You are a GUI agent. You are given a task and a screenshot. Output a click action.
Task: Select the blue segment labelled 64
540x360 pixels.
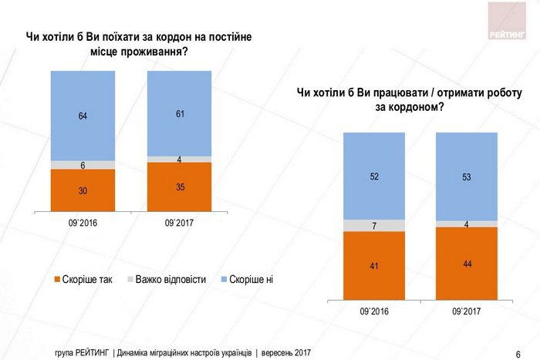[x=83, y=116]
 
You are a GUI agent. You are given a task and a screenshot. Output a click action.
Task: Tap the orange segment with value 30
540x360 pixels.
[x=83, y=190]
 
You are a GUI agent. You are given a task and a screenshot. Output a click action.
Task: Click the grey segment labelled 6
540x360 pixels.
[x=83, y=165]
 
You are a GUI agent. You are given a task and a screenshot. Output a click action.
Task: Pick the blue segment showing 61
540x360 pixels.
[x=179, y=113]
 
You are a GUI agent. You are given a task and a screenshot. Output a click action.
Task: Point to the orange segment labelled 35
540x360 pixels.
[x=179, y=186]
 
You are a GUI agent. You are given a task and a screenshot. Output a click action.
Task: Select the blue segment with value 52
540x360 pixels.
[x=375, y=176]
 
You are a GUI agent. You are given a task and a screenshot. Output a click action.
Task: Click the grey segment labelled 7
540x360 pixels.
[x=375, y=225]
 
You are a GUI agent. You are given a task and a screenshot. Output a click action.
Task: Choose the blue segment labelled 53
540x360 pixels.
[x=466, y=177]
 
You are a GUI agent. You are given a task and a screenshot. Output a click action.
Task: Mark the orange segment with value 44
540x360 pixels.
[x=466, y=264]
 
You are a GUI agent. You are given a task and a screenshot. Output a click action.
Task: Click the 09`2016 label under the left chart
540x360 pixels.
[x=83, y=224]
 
